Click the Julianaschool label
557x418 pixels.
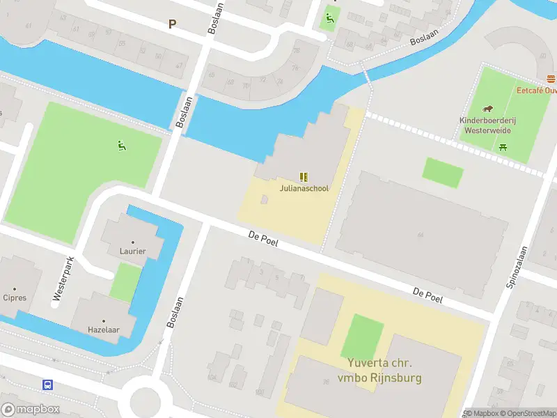coord(304,188)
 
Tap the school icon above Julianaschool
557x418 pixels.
coord(304,177)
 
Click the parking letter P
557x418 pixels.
coord(172,24)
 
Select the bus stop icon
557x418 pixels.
coord(48,385)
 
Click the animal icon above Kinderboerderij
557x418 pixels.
coord(487,109)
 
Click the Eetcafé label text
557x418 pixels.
coord(536,90)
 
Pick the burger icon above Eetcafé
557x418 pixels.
coord(551,79)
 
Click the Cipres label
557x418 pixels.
coord(15,297)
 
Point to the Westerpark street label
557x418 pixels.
coord(63,279)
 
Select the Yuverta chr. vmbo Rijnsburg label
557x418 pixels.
coord(381,371)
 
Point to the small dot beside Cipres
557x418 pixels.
coord(15,288)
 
